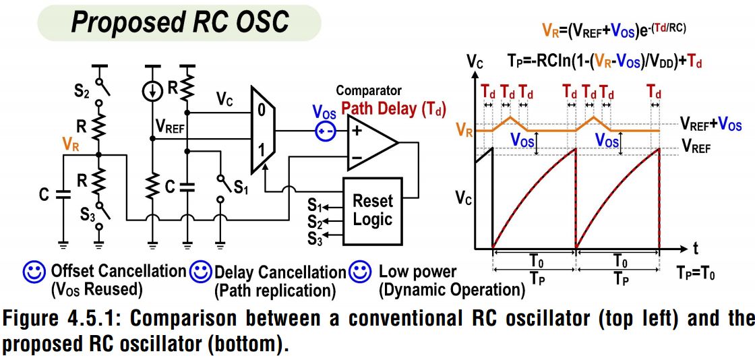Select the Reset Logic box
click(372, 210)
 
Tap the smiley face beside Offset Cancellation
click(34, 272)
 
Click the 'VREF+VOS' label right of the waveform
click(711, 125)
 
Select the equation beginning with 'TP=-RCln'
click(606, 61)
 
